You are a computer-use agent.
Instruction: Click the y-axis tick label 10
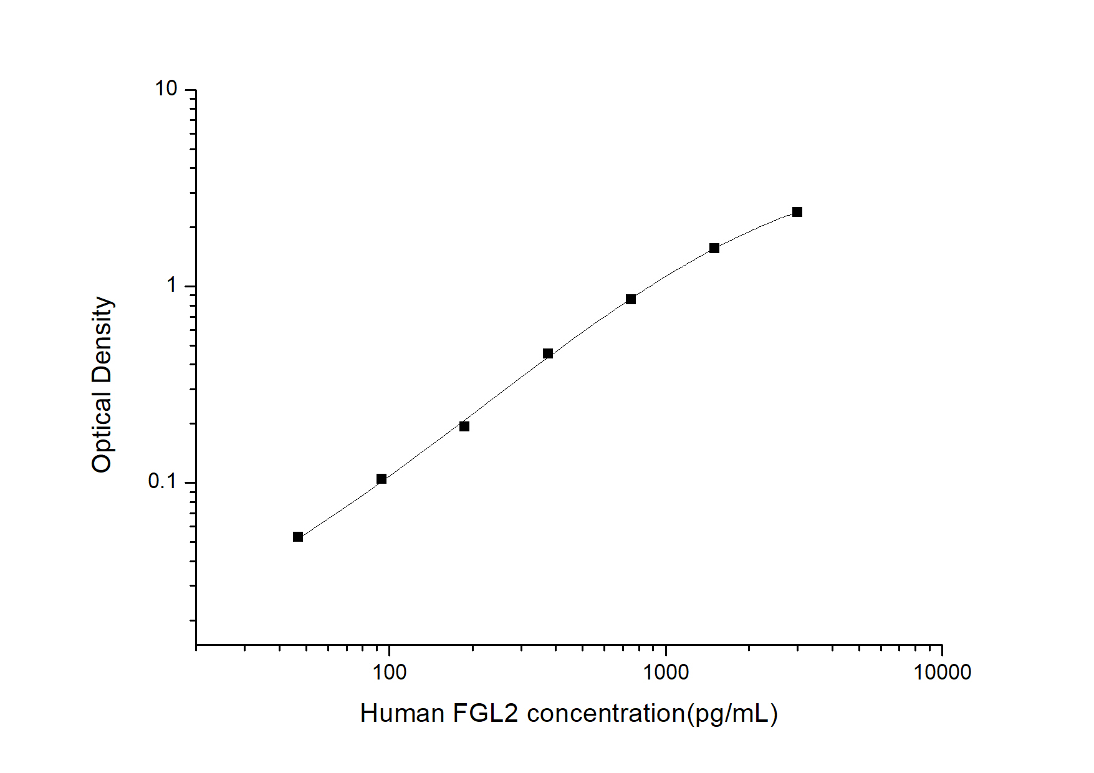pyautogui.click(x=166, y=90)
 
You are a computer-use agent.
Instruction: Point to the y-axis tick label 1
pyautogui.click(x=172, y=286)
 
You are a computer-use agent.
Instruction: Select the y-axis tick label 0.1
pyautogui.click(x=162, y=482)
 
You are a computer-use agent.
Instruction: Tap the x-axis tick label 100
pyautogui.click(x=389, y=672)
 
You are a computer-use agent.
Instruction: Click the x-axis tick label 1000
pyautogui.click(x=666, y=672)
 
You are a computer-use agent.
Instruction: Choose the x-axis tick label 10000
pyautogui.click(x=942, y=672)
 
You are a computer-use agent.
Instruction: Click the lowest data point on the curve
pyautogui.click(x=298, y=537)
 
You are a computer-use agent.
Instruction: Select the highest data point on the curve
pyautogui.click(x=797, y=212)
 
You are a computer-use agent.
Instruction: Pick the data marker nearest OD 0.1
pyautogui.click(x=381, y=479)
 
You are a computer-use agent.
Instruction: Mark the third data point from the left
pyautogui.click(x=464, y=426)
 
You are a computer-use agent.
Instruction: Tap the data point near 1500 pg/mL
pyautogui.click(x=714, y=248)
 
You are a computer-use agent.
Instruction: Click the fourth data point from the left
pyautogui.click(x=548, y=353)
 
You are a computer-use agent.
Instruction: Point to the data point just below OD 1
pyautogui.click(x=631, y=299)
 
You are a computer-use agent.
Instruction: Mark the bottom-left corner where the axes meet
pyautogui.click(x=196, y=645)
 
